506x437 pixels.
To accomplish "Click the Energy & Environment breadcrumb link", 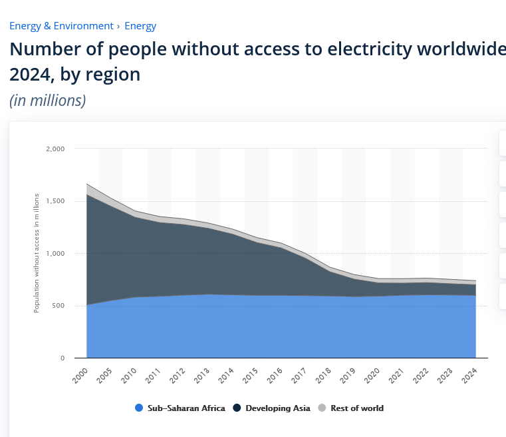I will click(61, 26).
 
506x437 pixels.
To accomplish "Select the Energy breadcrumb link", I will click(140, 26).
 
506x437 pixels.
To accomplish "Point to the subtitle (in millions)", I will click(47, 100).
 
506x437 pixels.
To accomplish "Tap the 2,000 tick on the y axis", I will click(55, 149).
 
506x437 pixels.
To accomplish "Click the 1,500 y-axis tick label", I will click(55, 201).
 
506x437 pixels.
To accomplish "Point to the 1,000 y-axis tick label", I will click(55, 254).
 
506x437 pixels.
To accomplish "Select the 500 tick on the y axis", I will click(59, 306).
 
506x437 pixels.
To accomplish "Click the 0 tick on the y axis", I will click(63, 358).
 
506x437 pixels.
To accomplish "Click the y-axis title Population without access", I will click(37, 253).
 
